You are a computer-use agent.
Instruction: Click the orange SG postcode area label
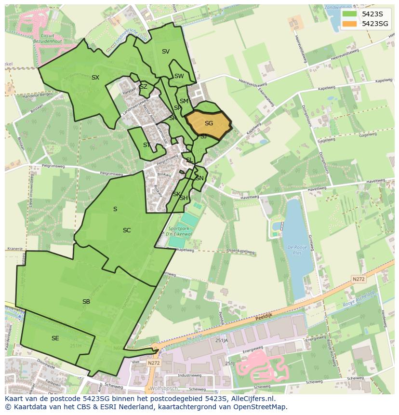coord(209,123)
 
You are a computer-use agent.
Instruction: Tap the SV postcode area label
coord(166,52)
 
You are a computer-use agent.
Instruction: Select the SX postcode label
coord(95,77)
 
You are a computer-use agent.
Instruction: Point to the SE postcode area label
coord(55,338)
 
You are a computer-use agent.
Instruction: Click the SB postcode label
coord(86,302)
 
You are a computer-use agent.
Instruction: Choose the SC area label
coord(127,230)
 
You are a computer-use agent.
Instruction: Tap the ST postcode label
coord(147,145)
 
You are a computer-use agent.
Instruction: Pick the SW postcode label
coord(179,76)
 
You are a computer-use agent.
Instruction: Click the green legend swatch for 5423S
coord(349,13)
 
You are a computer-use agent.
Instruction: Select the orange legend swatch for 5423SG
coord(349,23)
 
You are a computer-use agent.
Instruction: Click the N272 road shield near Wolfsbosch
coord(154,363)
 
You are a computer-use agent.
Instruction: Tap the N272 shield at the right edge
coord(358,279)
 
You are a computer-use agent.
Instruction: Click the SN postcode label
coord(199,178)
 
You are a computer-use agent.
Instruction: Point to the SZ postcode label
coord(143,87)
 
